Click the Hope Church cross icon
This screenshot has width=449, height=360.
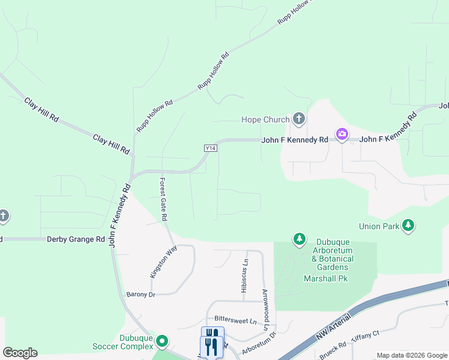click(298, 119)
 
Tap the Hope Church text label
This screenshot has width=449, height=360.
click(265, 119)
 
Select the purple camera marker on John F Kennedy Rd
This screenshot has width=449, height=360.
click(342, 134)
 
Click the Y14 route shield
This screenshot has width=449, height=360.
click(210, 148)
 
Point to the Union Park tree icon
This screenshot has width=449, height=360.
click(408, 226)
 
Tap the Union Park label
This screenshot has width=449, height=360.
click(379, 226)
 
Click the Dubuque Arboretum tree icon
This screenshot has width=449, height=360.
click(299, 240)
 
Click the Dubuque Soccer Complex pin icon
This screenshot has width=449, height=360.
click(161, 342)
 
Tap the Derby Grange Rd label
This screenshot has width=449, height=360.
click(76, 239)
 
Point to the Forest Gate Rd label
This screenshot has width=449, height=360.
click(163, 197)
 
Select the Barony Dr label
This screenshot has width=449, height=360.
click(140, 295)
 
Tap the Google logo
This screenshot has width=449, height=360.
click(20, 353)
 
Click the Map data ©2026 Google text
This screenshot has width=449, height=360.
click(411, 355)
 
